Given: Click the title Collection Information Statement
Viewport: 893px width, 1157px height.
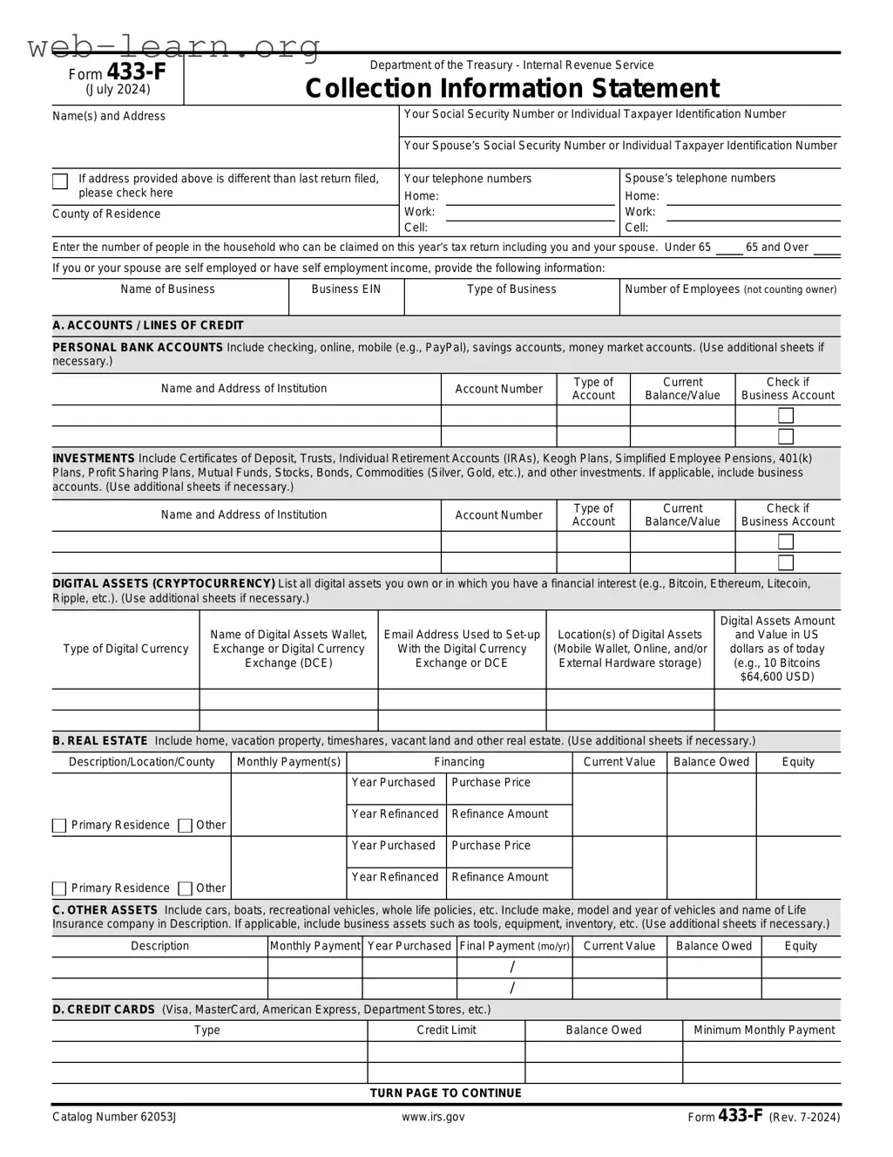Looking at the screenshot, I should (x=511, y=89).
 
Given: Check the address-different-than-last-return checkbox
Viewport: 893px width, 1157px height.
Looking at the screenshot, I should (x=60, y=181).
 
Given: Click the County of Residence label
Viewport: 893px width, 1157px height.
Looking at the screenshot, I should (x=106, y=214).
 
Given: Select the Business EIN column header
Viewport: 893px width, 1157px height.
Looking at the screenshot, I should (x=346, y=289).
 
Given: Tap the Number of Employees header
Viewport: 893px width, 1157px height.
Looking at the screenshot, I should (x=730, y=289).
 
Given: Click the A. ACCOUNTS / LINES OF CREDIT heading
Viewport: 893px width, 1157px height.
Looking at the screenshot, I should (x=148, y=325).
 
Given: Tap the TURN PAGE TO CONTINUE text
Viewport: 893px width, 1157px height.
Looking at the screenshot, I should (x=445, y=1093).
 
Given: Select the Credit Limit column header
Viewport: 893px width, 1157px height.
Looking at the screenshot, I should (x=446, y=1031).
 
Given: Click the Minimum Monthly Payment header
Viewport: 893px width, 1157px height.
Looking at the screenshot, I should (x=763, y=1031).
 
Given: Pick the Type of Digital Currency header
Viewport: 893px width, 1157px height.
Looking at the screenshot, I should (x=125, y=649).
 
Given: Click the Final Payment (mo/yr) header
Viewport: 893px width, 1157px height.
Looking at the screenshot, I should (x=514, y=946).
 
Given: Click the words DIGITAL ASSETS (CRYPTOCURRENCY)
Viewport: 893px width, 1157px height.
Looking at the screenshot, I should (x=164, y=584).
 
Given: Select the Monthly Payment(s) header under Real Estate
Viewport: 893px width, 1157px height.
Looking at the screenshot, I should (x=288, y=762).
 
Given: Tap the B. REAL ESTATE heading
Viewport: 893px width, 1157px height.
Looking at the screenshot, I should (x=100, y=741).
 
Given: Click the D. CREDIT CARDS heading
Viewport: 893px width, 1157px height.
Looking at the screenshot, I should (x=104, y=1010).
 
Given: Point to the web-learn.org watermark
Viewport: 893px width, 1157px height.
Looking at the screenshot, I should (x=174, y=46).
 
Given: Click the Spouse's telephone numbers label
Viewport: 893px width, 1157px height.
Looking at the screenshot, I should (x=700, y=179).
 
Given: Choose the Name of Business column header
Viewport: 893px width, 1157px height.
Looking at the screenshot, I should (x=167, y=289).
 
